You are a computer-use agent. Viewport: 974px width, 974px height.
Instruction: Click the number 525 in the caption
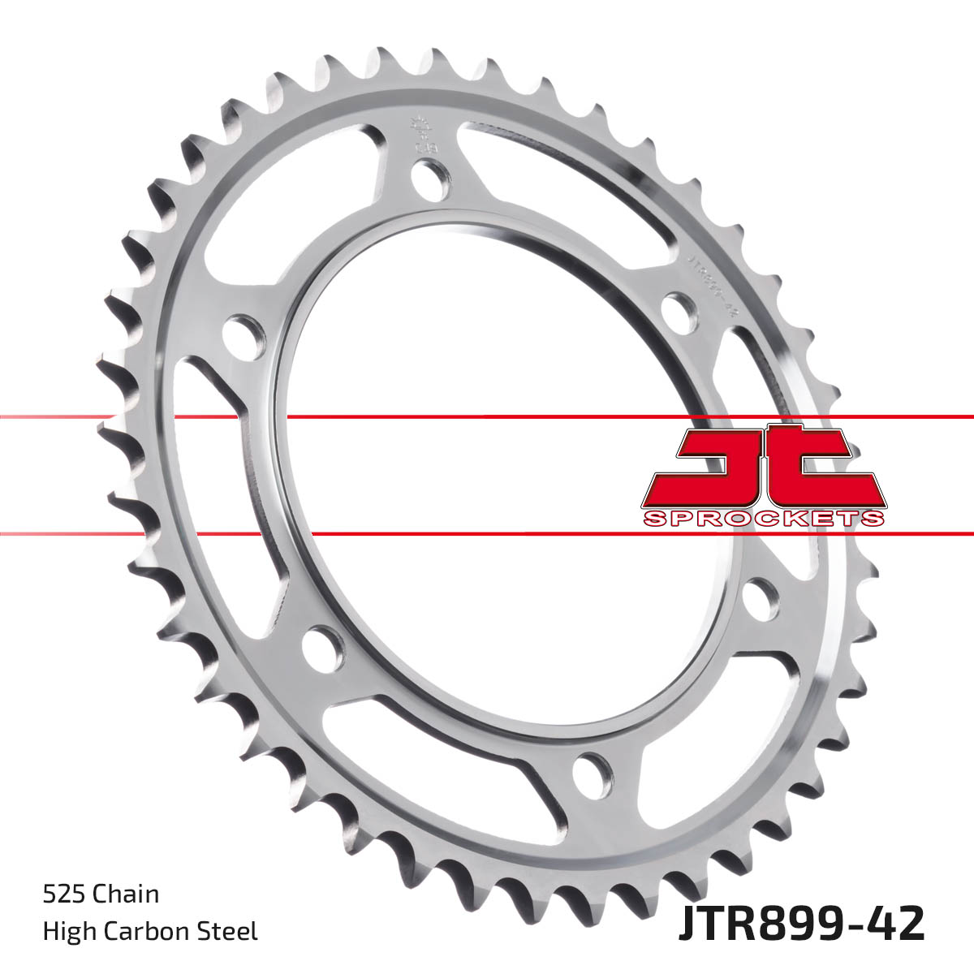pyautogui.click(x=66, y=894)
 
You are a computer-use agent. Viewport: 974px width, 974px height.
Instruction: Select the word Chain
pyautogui.click(x=127, y=894)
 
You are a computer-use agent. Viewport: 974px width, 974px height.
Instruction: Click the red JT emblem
pyautogui.click(x=763, y=467)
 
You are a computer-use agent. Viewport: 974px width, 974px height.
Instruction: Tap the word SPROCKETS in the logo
pyautogui.click(x=763, y=519)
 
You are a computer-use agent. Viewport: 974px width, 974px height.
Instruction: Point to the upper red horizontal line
pyautogui.click(x=487, y=417)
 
